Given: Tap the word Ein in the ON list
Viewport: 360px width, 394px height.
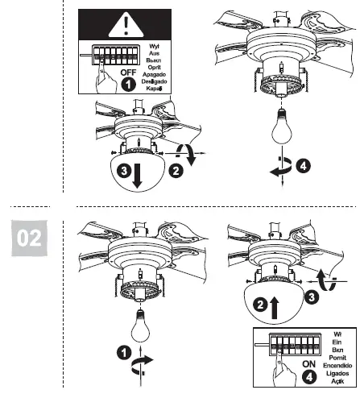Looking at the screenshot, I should (x=338, y=339).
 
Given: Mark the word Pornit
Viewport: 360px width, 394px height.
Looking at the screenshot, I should (x=338, y=356).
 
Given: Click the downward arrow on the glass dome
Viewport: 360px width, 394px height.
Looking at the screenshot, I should (x=136, y=175).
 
